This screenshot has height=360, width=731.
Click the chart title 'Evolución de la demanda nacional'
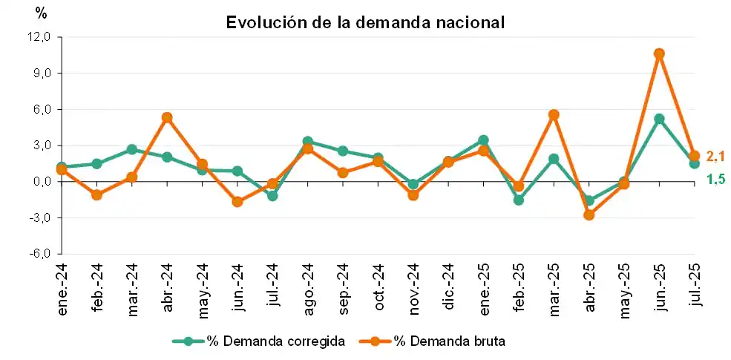coord(365,22)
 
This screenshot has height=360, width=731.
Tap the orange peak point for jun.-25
coord(658,53)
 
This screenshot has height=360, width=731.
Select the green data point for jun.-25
coord(658,119)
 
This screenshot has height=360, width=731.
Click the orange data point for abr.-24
coord(167,117)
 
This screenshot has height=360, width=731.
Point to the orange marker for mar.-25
coord(553,115)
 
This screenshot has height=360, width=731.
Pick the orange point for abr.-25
coord(589,215)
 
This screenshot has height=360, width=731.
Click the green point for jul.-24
coord(272,196)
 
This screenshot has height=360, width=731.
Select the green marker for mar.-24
coord(131,149)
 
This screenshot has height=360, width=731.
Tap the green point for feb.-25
coord(518,200)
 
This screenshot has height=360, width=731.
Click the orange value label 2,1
coord(714,156)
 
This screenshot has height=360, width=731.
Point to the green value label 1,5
coord(714,179)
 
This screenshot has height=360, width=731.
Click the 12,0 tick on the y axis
coord(37,37)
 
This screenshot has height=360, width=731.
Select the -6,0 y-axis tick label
coord(37,254)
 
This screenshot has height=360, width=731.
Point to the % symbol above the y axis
coord(41,13)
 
